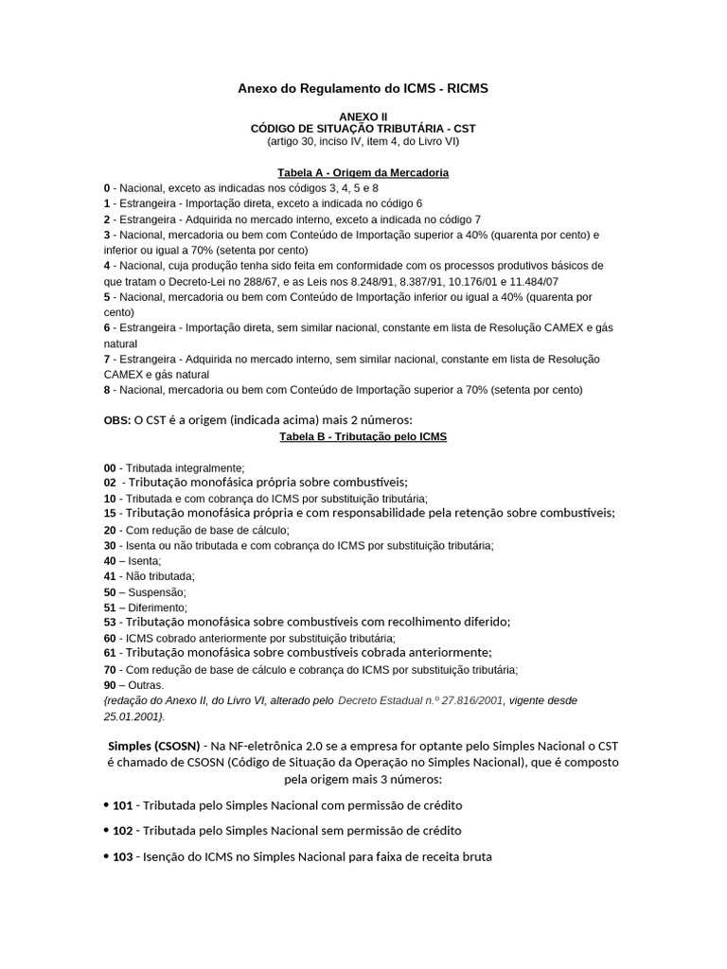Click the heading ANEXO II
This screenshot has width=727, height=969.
click(363, 115)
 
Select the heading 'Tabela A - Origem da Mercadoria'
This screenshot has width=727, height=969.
click(363, 173)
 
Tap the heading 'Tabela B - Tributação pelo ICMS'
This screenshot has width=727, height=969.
click(363, 437)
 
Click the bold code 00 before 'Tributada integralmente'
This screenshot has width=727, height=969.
click(110, 467)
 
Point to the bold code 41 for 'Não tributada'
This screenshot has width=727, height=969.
click(110, 576)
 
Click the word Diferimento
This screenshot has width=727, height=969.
click(156, 608)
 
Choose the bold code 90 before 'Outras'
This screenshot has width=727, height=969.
click(110, 685)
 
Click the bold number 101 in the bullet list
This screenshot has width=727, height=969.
click(122, 805)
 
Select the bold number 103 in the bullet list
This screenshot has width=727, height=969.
click(122, 856)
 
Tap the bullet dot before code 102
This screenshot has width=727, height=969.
click(106, 830)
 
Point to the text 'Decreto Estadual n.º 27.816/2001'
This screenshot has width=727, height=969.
click(419, 701)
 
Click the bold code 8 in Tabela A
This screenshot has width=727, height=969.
click(107, 390)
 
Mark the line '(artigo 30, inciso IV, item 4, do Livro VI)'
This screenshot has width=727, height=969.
click(363, 141)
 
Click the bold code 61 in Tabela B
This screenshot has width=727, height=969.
click(110, 653)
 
